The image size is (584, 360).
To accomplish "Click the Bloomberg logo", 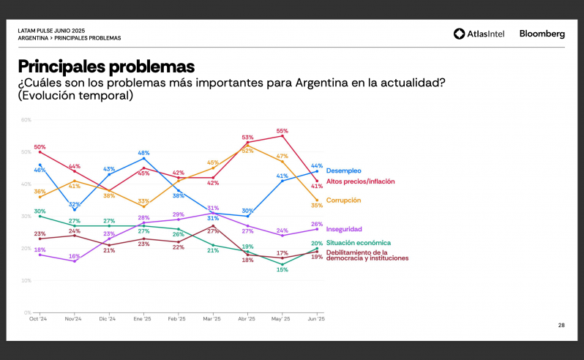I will click(x=542, y=34).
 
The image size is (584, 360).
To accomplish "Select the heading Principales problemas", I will click(x=106, y=67).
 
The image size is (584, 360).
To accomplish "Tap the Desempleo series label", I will click(x=343, y=170).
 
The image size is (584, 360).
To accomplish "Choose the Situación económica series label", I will click(x=358, y=242).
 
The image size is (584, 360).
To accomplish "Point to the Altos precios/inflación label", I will click(x=360, y=181).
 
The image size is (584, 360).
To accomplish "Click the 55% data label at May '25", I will click(x=282, y=131).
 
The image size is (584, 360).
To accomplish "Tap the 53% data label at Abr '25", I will click(x=247, y=138).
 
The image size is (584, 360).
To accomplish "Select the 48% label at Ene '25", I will click(x=144, y=152).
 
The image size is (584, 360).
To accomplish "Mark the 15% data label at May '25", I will click(x=282, y=270).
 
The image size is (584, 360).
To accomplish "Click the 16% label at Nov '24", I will click(x=74, y=256).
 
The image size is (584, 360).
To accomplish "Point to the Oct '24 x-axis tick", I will click(x=38, y=319).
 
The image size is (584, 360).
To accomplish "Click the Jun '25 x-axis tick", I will click(x=317, y=319).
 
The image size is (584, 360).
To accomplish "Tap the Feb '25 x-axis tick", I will click(x=178, y=319).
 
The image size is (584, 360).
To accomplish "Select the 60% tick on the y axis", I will click(x=26, y=120).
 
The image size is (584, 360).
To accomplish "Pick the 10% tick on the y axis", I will click(x=26, y=280).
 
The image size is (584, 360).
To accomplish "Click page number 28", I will click(x=561, y=325).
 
